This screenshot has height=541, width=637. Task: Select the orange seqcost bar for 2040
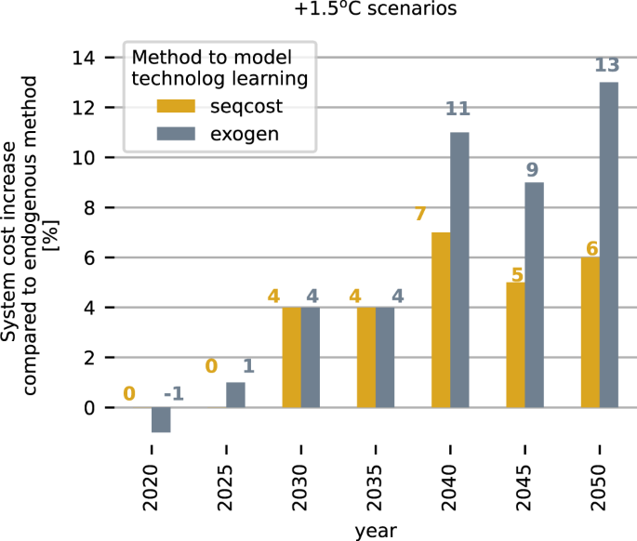pos(441,320)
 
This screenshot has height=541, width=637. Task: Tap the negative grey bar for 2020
pos(161,420)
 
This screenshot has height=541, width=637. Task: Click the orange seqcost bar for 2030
pos(291,357)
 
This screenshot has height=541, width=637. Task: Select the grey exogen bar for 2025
pos(235,395)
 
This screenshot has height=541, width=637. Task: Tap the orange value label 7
pos(419,215)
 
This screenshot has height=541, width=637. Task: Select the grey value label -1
pos(173,393)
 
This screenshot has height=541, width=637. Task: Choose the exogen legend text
pos(244,135)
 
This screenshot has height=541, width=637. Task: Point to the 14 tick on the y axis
pos(84,58)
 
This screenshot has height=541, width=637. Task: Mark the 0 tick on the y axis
pos(89,408)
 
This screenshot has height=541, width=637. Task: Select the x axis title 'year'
pos(376,530)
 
